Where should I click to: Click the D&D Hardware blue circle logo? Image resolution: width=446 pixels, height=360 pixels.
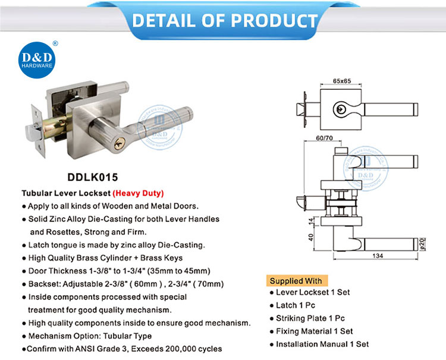tap(37, 60)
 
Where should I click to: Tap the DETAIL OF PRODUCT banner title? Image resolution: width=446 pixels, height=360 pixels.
tap(225, 20)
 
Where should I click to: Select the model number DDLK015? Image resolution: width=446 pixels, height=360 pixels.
tap(92, 177)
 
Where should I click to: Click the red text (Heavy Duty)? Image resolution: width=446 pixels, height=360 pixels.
tap(138, 193)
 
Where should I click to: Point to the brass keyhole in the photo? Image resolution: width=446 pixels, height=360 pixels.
tap(120, 144)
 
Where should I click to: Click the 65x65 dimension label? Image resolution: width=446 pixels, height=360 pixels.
tap(342, 81)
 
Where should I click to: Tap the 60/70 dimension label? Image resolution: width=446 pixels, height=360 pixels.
tap(324, 138)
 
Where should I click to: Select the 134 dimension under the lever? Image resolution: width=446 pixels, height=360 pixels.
tap(378, 256)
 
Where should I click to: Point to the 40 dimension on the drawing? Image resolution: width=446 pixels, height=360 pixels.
tap(310, 237)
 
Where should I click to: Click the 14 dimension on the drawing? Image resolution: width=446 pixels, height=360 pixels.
tap(311, 221)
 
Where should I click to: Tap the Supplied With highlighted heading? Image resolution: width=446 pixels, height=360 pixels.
tap(296, 281)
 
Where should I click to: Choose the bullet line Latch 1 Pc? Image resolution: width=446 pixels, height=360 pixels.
tap(293, 305)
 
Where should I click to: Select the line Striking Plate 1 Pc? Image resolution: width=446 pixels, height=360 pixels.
tap(307, 318)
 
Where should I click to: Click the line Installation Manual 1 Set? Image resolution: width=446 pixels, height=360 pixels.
tap(319, 344)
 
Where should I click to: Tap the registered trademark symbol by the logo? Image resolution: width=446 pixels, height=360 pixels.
tap(55, 43)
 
